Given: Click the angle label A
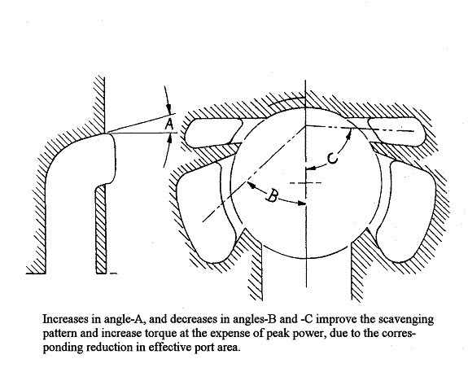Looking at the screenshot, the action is [x=169, y=124].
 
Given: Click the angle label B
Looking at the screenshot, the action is [x=272, y=195].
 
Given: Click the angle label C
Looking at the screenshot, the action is [x=333, y=158].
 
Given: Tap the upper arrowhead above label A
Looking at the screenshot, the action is [x=168, y=109].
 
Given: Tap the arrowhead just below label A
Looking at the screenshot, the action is [x=169, y=138].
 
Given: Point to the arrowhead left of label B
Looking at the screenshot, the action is [x=251, y=185].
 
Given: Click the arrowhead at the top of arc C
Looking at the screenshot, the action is [x=348, y=135].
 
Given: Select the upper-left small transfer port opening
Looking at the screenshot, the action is [x=213, y=132].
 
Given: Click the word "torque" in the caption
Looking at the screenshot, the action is [x=159, y=333].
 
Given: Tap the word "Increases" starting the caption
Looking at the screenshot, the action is [x=65, y=319].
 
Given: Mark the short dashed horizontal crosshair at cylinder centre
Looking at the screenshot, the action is [x=306, y=182].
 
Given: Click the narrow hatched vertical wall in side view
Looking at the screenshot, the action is [x=101, y=229].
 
